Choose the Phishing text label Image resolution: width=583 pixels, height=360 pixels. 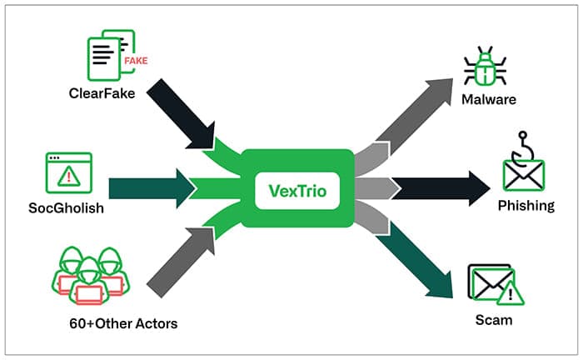pyautogui.click(x=526, y=205)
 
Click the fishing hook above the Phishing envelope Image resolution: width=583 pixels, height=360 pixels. pyautogui.click(x=524, y=144)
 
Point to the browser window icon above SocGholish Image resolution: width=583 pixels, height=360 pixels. pyautogui.click(x=67, y=173)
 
